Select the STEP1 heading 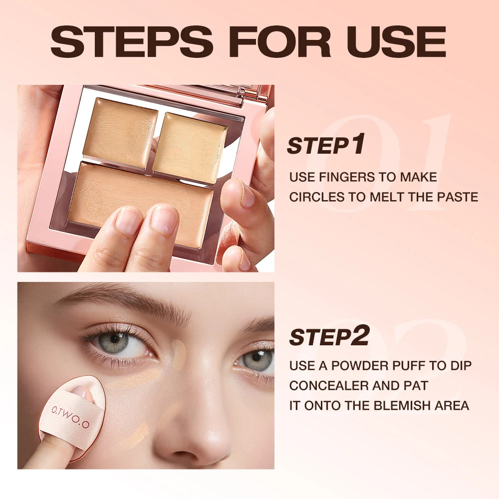(326, 144)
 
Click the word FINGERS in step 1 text (346, 177)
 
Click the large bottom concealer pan (141, 204)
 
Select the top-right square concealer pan (190, 148)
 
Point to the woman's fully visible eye (117, 344)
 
